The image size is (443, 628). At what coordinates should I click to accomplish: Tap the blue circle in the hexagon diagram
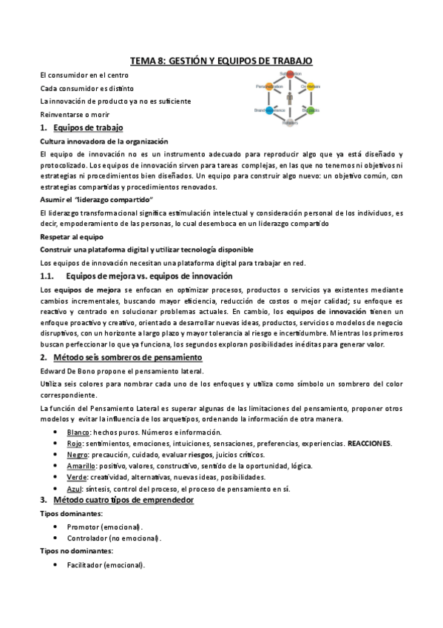270,110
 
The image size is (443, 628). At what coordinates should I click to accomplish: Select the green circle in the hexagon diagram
311,110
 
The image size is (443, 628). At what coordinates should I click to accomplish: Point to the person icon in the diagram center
291,98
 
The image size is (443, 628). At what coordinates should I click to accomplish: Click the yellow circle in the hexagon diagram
311,87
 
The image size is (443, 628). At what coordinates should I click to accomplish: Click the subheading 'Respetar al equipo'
72,237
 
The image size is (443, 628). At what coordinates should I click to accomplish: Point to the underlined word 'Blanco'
78,432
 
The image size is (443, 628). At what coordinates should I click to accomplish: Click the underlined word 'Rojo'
75,443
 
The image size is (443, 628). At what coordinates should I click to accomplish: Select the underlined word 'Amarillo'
81,466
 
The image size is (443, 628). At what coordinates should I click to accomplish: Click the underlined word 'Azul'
74,489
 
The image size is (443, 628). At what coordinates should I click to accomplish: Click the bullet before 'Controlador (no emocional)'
57,538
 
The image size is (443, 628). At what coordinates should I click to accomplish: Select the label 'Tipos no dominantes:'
71,552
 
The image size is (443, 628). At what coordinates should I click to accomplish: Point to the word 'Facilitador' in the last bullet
85,565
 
